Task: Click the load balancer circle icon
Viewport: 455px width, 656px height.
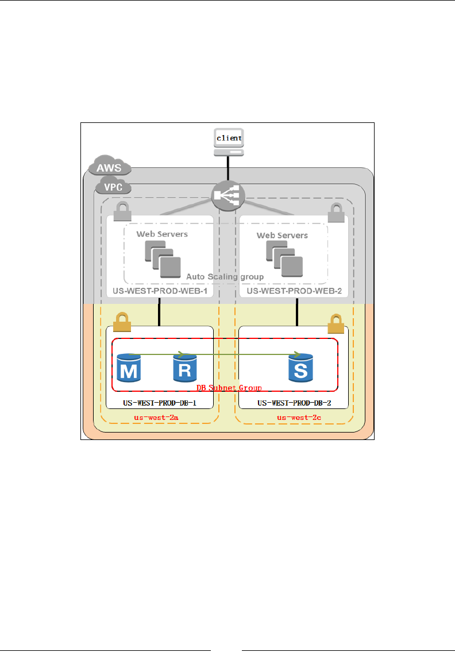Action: (227, 196)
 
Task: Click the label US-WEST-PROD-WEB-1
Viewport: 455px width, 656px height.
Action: (160, 292)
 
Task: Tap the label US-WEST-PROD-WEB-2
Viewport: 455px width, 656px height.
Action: (294, 292)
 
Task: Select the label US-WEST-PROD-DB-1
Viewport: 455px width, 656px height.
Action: (160, 403)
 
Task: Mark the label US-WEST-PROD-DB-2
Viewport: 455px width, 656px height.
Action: (294, 403)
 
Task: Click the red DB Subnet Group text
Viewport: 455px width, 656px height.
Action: (229, 388)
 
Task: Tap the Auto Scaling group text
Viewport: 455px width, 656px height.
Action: (225, 276)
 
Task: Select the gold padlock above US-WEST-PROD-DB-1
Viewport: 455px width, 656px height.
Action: (122, 322)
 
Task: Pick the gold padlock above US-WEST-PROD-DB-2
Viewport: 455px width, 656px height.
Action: (336, 325)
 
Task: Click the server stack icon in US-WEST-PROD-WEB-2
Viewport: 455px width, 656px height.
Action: (284, 256)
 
